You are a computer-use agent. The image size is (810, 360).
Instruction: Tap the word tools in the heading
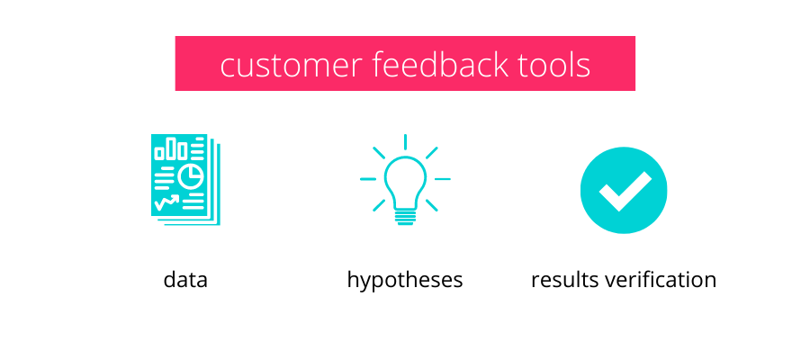[554, 66]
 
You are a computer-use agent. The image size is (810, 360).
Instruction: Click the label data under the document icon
[185, 279]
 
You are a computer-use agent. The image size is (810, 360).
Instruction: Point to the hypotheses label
[404, 281]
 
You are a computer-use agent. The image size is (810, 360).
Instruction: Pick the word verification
[661, 279]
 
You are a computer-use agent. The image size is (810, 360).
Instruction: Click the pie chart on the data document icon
[191, 176]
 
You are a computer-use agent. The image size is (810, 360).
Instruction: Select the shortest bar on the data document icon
[159, 153]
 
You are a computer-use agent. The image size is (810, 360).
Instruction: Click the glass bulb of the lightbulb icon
[406, 181]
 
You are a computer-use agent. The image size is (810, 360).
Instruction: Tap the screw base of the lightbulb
[406, 217]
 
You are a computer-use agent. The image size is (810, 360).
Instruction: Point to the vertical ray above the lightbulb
[406, 142]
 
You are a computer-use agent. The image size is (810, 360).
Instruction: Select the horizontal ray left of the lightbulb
[368, 179]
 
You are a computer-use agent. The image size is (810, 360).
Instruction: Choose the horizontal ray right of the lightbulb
[443, 179]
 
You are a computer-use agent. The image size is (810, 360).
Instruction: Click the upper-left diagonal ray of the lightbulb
[379, 153]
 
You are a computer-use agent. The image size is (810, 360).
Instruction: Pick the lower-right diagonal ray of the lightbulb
[432, 205]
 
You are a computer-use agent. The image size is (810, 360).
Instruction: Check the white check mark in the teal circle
[625, 191]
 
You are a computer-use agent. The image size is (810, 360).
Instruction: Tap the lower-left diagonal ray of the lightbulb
[379, 205]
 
